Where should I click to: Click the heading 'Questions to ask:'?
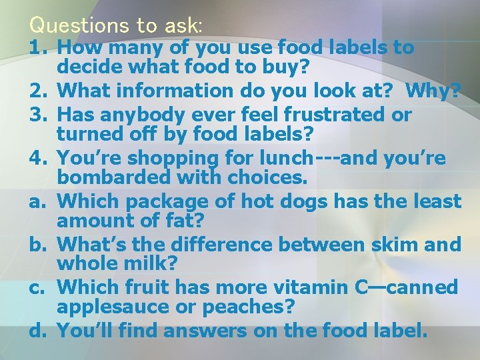tap(116, 25)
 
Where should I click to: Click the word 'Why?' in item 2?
tap(433, 90)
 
